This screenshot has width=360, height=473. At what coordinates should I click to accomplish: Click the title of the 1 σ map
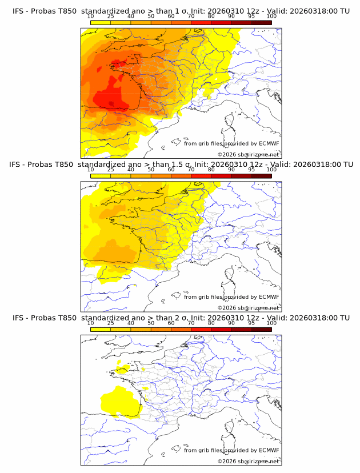pyautogui.click(x=181, y=11)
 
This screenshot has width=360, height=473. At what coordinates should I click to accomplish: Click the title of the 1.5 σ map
pyautogui.click(x=181, y=164)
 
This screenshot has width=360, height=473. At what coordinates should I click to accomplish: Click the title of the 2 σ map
pyautogui.click(x=181, y=318)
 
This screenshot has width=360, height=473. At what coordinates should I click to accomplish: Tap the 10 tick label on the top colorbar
pyautogui.click(x=91, y=16)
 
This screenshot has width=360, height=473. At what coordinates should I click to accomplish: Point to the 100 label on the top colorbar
pyautogui.click(x=271, y=16)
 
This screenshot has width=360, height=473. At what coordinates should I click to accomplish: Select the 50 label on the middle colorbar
pyautogui.click(x=151, y=170)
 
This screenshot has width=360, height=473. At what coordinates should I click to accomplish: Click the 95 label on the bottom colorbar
pyautogui.click(x=251, y=323)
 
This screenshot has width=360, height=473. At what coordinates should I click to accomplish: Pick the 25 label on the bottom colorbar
pyautogui.click(x=111, y=323)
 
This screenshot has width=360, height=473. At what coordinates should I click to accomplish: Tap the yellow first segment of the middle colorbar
pyautogui.click(x=101, y=175)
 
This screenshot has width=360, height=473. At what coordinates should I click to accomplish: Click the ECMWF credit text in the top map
pyautogui.click(x=231, y=143)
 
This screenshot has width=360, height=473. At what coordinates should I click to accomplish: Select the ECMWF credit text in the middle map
pyautogui.click(x=231, y=296)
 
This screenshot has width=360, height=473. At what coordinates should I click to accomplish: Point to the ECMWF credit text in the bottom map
pyautogui.click(x=231, y=450)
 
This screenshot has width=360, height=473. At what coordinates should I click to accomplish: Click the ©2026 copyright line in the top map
pyautogui.click(x=248, y=154)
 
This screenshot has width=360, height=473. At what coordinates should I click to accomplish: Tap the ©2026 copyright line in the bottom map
pyautogui.click(x=248, y=461)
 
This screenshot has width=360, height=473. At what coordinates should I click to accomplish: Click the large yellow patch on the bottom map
pyautogui.click(x=122, y=400)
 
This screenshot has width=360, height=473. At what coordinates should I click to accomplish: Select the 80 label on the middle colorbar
pyautogui.click(x=211, y=170)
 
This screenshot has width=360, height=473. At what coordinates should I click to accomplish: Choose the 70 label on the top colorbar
pyautogui.click(x=191, y=16)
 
